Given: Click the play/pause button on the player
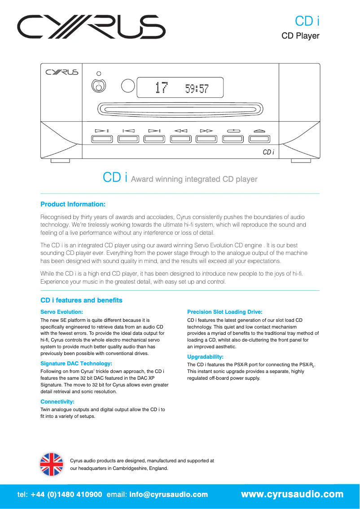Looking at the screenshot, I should pyautogui.click(x=102, y=139).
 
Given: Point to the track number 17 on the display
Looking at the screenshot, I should pyautogui.click(x=160, y=88).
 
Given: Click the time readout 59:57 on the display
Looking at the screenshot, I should pyautogui.click(x=197, y=89).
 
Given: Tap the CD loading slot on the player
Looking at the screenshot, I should pyautogui.click(x=180, y=108).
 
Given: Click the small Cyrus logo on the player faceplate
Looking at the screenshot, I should pyautogui.click(x=61, y=72).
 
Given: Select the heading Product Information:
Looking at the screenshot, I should pyautogui.click(x=73, y=204).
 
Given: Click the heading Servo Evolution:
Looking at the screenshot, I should pyautogui.click(x=62, y=312).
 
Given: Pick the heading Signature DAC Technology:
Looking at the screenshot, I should pyautogui.click(x=76, y=364).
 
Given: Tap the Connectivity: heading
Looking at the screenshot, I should pyautogui.click(x=57, y=401).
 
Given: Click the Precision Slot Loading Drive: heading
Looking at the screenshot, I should pyautogui.click(x=224, y=312).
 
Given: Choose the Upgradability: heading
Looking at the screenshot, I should pyautogui.click(x=205, y=357).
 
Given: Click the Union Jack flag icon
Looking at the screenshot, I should pyautogui.click(x=52, y=464).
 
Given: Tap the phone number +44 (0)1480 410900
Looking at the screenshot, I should pyautogui.click(x=66, y=495).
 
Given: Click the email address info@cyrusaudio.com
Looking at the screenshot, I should pyautogui.click(x=168, y=495).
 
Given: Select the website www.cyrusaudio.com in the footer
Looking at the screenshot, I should pyautogui.click(x=292, y=495).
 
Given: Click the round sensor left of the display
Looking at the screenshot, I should pyautogui.click(x=128, y=86).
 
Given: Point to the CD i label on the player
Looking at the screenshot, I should pyautogui.click(x=268, y=152).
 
